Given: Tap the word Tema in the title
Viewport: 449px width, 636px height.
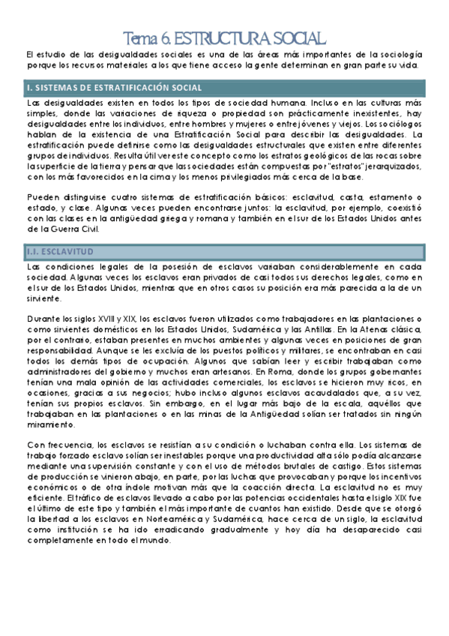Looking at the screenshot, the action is [x=136, y=37].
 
